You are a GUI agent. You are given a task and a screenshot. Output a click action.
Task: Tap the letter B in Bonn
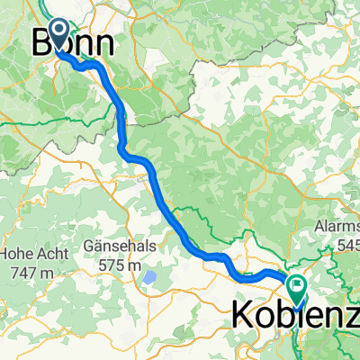[40, 44]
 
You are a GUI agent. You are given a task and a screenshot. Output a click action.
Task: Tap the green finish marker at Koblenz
[296, 288]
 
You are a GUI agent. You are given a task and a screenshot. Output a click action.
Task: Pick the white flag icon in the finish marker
[296, 285]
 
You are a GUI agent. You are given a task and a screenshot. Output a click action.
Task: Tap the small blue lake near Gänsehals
[149, 277]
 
